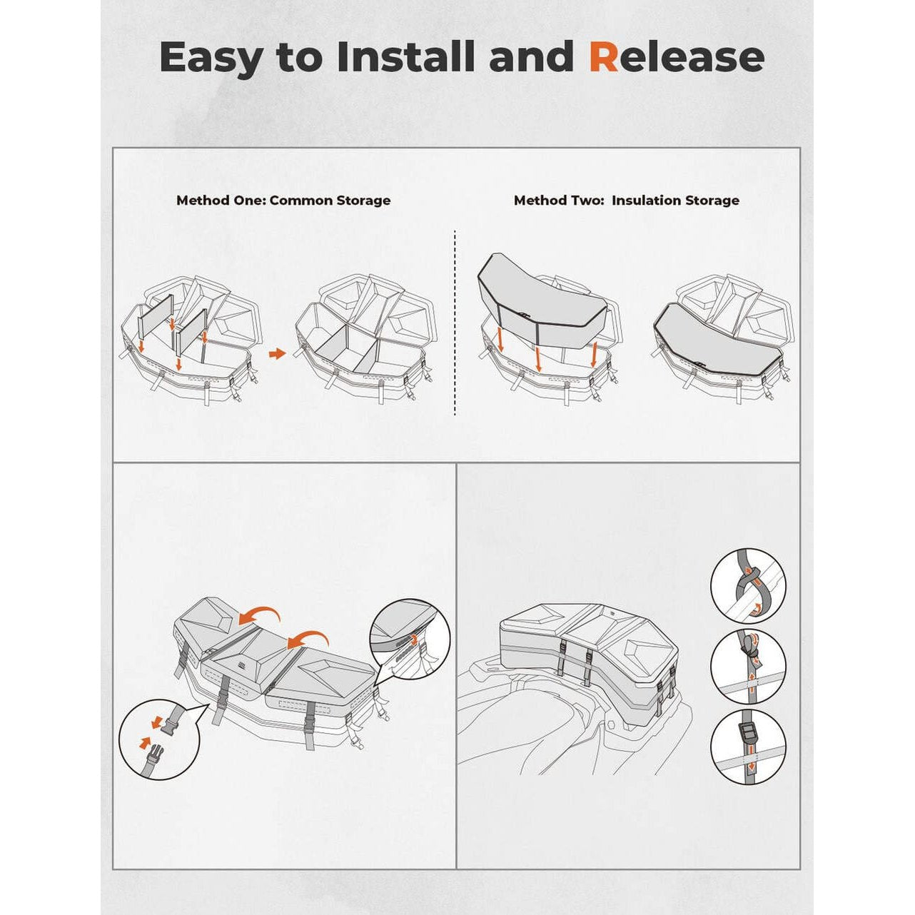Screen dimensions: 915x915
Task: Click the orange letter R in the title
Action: point(604,56)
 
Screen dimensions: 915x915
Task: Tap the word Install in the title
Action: point(406,56)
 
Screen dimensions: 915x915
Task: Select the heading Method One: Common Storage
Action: point(283,201)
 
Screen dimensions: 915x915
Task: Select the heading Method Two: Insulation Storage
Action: point(627,201)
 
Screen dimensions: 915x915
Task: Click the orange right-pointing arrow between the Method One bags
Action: point(278,354)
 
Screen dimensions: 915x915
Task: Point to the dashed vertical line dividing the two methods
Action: point(455,323)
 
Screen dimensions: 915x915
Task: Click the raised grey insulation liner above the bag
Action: point(541,301)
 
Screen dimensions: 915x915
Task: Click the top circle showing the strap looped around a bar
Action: point(748,585)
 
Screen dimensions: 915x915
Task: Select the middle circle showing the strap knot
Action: point(748,668)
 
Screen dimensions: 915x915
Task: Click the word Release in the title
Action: point(677,56)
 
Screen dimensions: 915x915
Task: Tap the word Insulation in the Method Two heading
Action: point(649,201)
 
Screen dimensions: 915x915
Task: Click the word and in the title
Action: point(532,56)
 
